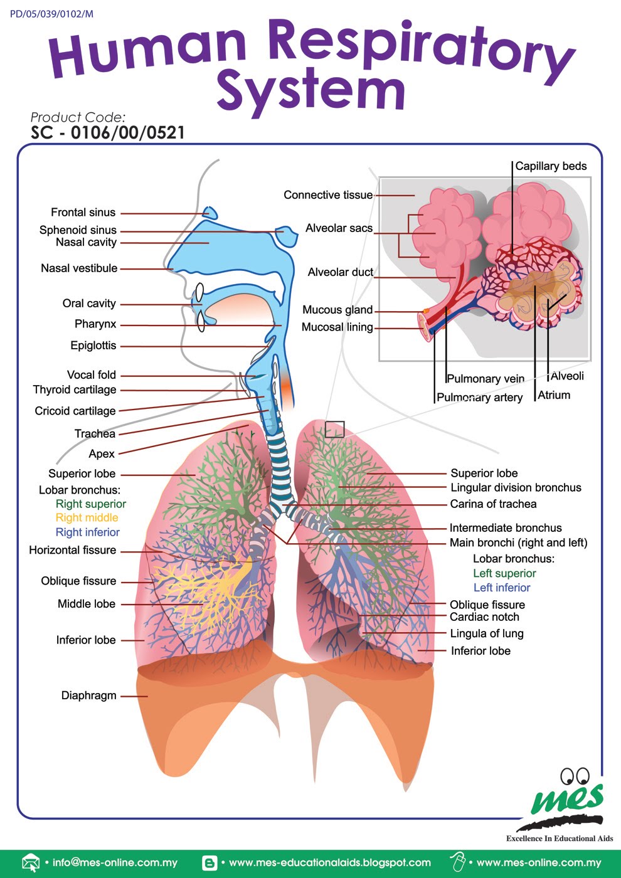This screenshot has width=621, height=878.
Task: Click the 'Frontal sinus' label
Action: coord(83,213)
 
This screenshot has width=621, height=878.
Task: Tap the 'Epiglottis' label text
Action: coord(93,346)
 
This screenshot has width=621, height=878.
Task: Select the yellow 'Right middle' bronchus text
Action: coord(87,518)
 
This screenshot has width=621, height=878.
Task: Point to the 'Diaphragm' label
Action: coord(88,696)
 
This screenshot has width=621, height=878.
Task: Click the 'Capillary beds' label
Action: coord(551,166)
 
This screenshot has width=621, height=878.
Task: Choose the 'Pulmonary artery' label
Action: coord(479,398)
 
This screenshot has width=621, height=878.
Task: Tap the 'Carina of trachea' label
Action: coord(493,504)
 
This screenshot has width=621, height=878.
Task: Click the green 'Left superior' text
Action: coord(504,574)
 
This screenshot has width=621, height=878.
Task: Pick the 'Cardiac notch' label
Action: coord(484,617)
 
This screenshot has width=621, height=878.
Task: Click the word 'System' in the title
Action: coord(311,91)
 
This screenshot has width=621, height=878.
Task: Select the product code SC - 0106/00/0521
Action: coord(108,133)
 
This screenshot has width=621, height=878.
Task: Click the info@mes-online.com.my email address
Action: coord(115,863)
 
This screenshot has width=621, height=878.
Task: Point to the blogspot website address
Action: coord(329,863)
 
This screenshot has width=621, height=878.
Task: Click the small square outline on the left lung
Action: coord(334,430)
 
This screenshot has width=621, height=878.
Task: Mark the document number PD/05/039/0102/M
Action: coord(51,14)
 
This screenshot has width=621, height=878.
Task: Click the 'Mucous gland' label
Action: coord(337,310)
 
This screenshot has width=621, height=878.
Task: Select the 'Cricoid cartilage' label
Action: coord(75,411)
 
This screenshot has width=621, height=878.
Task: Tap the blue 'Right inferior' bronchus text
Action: coord(87,532)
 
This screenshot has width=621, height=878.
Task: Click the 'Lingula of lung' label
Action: coord(487,634)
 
